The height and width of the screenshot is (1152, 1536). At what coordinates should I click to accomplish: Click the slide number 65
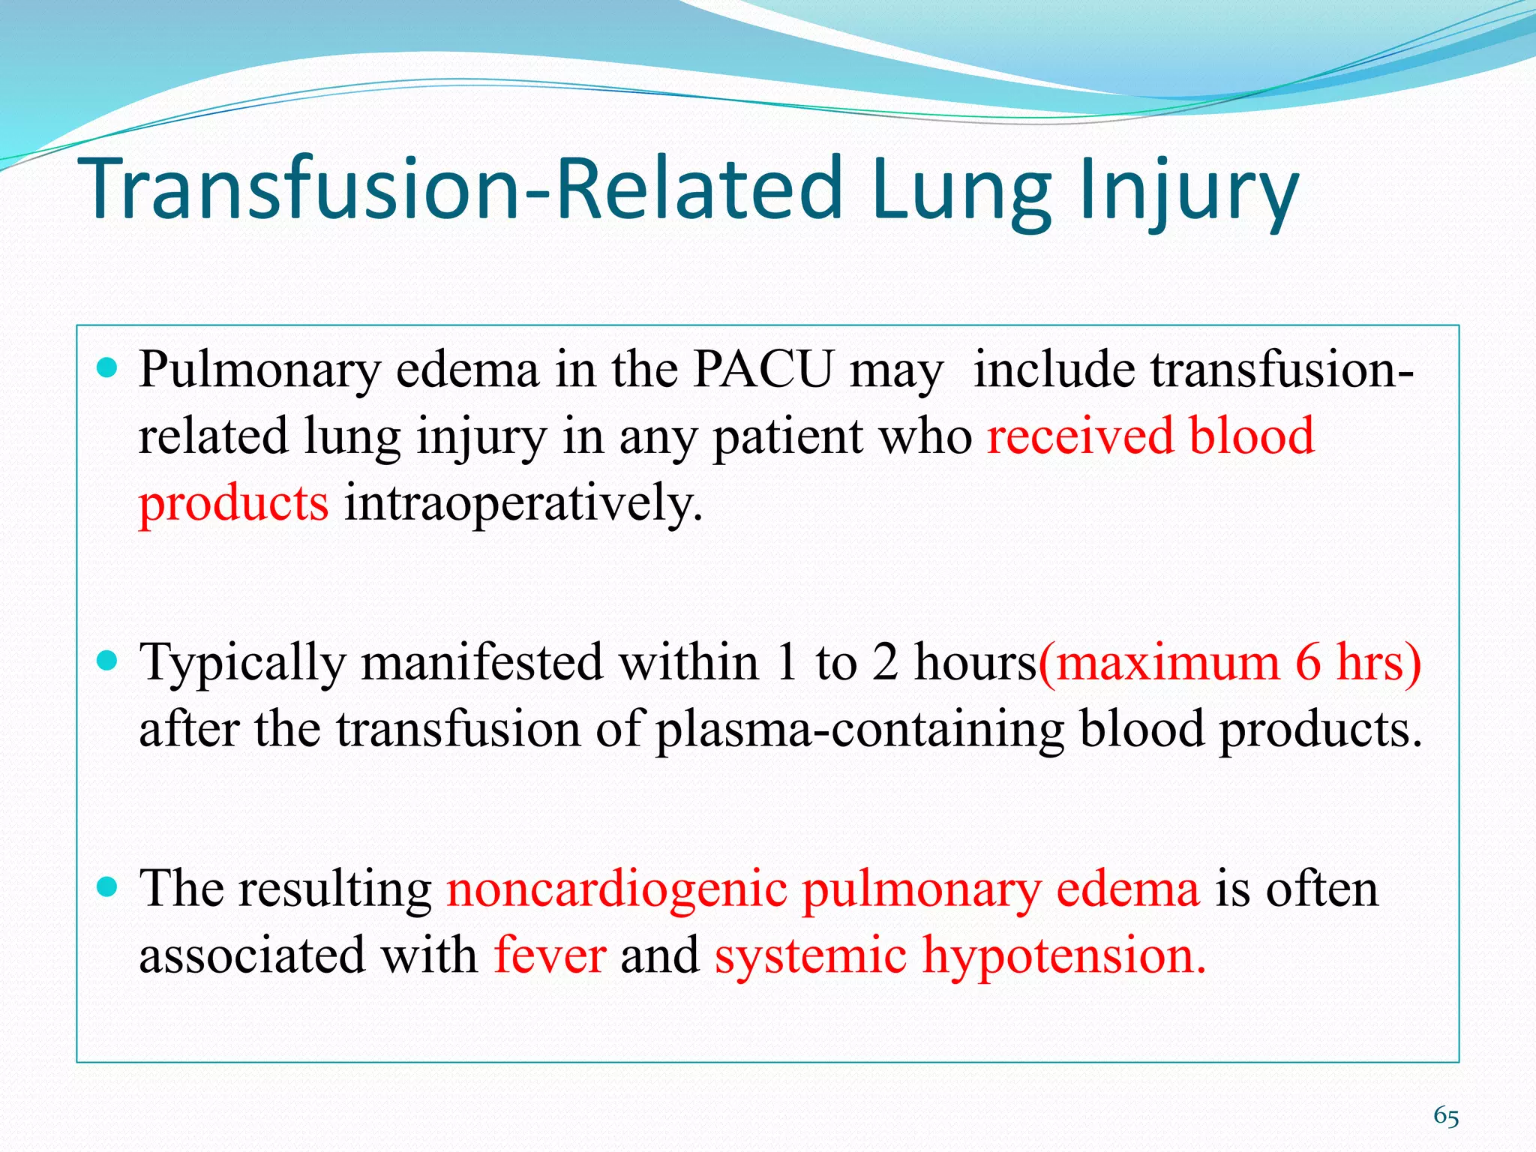coord(1446,1117)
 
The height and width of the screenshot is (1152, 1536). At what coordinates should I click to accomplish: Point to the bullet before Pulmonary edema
coord(108,367)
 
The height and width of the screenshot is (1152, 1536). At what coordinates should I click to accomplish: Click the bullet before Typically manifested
coord(108,660)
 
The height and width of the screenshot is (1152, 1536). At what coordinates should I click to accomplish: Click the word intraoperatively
coord(523,502)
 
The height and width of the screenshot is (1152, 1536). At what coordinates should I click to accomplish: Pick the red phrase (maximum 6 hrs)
coord(1229,663)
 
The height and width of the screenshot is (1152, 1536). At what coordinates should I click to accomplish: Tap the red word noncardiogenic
coord(616,889)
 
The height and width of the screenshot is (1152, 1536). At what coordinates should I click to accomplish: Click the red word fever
coord(550,956)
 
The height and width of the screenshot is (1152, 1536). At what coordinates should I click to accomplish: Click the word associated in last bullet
coord(253,956)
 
